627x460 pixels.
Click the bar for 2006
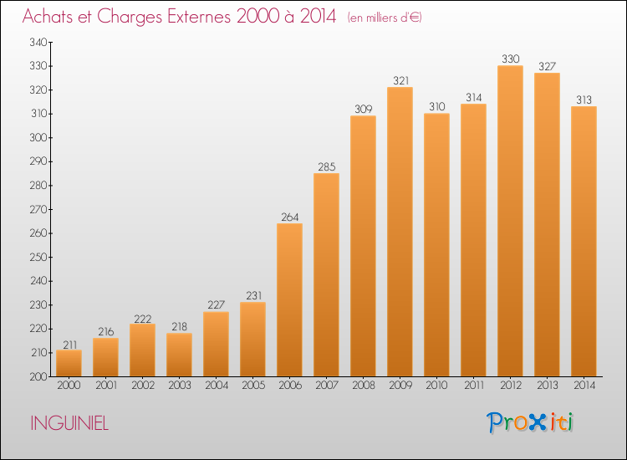289,300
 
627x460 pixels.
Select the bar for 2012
510,221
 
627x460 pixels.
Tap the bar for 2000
69,363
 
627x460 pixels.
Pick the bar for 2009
400,232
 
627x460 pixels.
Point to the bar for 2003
179,355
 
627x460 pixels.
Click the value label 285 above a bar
327,166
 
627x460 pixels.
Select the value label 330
511,59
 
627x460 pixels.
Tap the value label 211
69,345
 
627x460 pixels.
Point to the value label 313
584,100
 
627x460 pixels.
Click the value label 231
254,295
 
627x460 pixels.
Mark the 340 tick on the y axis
38,42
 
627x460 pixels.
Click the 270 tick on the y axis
38,209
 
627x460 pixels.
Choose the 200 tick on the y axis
38,376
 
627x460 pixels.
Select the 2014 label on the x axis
584,386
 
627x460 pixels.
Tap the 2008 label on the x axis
364,386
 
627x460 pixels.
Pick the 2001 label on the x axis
106,386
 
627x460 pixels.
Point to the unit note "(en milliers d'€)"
385,18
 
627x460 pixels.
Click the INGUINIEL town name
69,423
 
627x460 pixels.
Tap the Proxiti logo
530,422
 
